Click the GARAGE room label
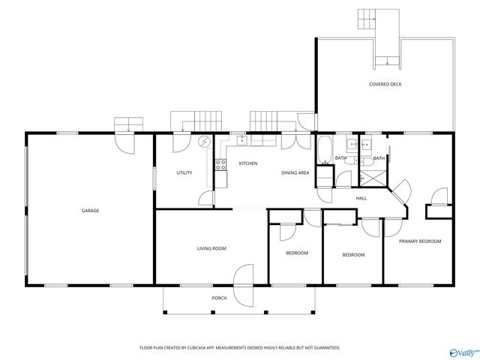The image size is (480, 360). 90,211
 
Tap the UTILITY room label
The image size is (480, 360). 184,172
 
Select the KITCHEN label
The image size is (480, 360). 248,163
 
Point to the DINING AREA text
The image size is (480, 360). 295,172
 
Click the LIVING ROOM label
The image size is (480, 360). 211,248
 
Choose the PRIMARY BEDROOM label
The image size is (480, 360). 420,241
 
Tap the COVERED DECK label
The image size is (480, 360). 385,84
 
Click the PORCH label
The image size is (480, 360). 219,298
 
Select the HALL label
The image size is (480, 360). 361,198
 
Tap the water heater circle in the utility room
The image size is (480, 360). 203,142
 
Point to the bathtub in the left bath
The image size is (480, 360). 325,150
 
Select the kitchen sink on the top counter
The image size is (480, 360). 242,140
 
